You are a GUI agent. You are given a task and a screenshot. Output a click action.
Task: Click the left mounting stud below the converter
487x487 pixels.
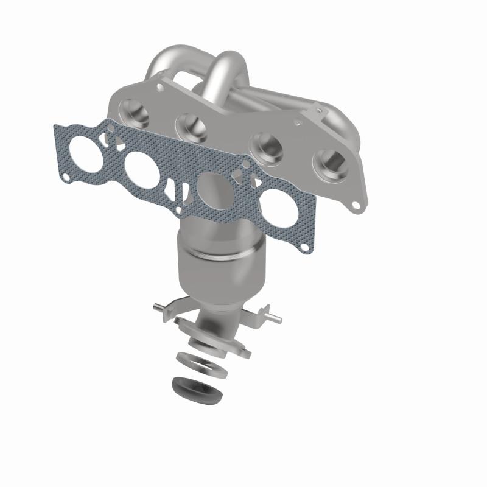coord(159,306)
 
